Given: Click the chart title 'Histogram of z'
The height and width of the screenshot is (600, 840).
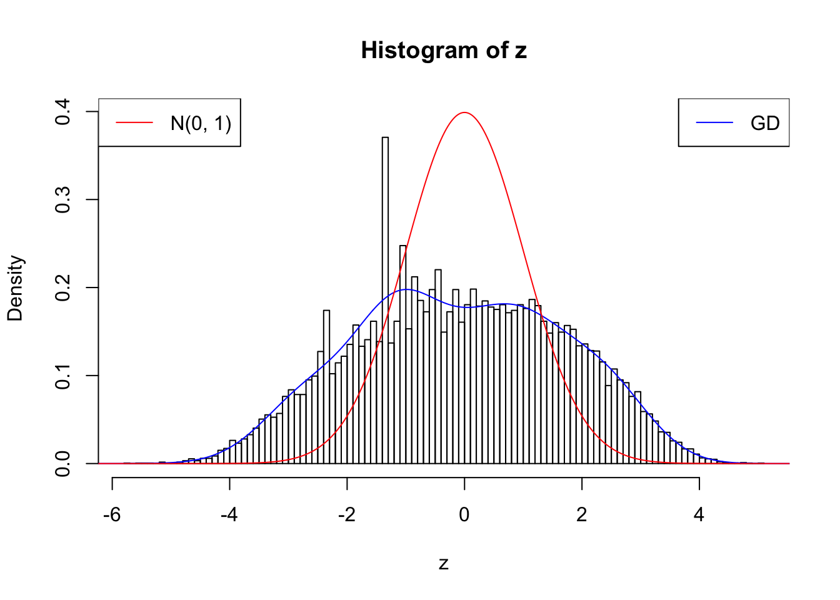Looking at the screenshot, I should [444, 51].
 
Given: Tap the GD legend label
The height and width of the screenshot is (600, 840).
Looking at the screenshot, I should [765, 123].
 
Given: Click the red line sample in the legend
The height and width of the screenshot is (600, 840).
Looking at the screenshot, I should [134, 123].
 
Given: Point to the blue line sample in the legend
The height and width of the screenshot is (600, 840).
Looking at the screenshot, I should [714, 123].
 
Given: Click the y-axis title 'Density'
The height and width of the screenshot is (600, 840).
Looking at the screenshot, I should [15, 288].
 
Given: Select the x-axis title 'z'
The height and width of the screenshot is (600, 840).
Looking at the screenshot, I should [444, 564].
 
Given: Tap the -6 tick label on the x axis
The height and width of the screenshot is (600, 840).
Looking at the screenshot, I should [112, 515].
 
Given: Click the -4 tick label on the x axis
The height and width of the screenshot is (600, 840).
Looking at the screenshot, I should [229, 515].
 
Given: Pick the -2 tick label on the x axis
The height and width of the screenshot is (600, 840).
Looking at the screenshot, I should [347, 515].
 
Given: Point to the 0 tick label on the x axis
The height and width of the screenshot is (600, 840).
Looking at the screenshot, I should [464, 515].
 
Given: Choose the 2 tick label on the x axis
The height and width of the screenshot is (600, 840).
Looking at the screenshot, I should [582, 515].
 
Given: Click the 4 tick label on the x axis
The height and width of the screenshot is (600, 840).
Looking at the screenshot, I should [699, 515].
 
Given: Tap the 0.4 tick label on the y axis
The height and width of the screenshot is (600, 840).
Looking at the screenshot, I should [62, 112].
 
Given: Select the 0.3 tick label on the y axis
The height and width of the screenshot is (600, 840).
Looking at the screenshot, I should [62, 200].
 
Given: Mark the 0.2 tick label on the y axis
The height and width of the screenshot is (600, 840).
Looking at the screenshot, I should [62, 288].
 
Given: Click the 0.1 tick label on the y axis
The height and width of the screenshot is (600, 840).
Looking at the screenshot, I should [62, 376].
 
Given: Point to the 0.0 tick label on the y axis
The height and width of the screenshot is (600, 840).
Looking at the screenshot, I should [62, 464].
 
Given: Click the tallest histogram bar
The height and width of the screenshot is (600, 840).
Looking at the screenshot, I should [385, 300].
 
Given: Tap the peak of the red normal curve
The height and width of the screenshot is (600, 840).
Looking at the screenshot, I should [464, 113].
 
